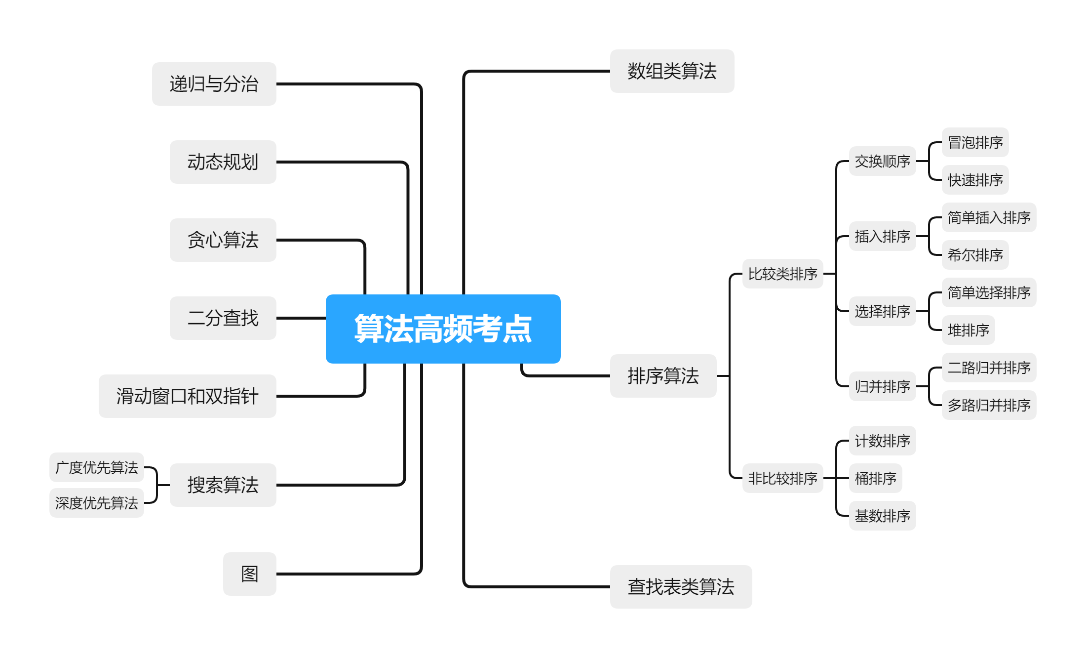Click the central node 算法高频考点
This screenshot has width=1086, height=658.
pyautogui.click(x=443, y=329)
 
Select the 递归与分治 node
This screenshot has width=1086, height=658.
pyautogui.click(x=214, y=84)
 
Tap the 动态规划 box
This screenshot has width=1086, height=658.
pyautogui.click(x=223, y=162)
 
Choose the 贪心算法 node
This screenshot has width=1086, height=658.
pyautogui.click(x=223, y=240)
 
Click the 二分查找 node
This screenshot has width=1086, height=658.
pyautogui.click(x=223, y=318)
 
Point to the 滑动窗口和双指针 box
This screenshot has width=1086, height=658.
pyautogui.click(x=187, y=396)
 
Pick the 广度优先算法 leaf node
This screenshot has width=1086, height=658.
pyautogui.click(x=97, y=467)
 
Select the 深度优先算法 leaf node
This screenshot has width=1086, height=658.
pyautogui.click(x=97, y=503)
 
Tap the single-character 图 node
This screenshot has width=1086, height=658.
pyautogui.click(x=249, y=574)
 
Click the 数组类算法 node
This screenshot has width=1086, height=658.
pyautogui.click(x=672, y=71)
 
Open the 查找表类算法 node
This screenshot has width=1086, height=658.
pyautogui.click(x=681, y=587)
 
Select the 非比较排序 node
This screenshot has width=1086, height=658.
pyautogui.click(x=782, y=478)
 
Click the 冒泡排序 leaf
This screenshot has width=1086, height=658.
pyautogui.click(x=975, y=143)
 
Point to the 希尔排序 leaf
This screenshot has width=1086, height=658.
pyautogui.click(x=975, y=255)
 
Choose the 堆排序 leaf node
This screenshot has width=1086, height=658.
pyautogui.click(x=968, y=330)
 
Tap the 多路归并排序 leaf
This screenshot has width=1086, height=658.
pyautogui.click(x=989, y=405)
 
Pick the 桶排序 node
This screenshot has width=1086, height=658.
pyautogui.click(x=875, y=478)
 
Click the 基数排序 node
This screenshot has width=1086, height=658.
pyautogui.click(x=882, y=516)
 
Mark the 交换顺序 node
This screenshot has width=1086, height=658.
pyautogui.click(x=882, y=162)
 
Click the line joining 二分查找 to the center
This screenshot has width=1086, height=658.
pyautogui.click(x=301, y=318)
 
